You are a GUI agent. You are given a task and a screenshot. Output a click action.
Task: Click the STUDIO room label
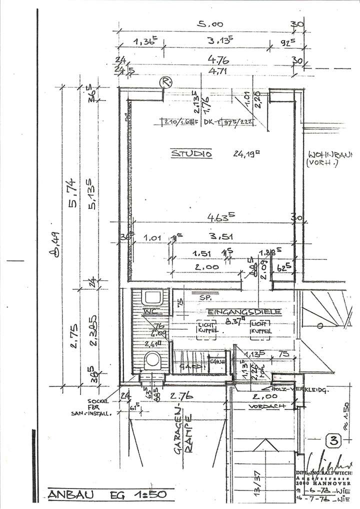[x=192, y=154]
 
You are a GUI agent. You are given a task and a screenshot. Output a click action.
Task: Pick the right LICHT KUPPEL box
[x=261, y=327]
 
